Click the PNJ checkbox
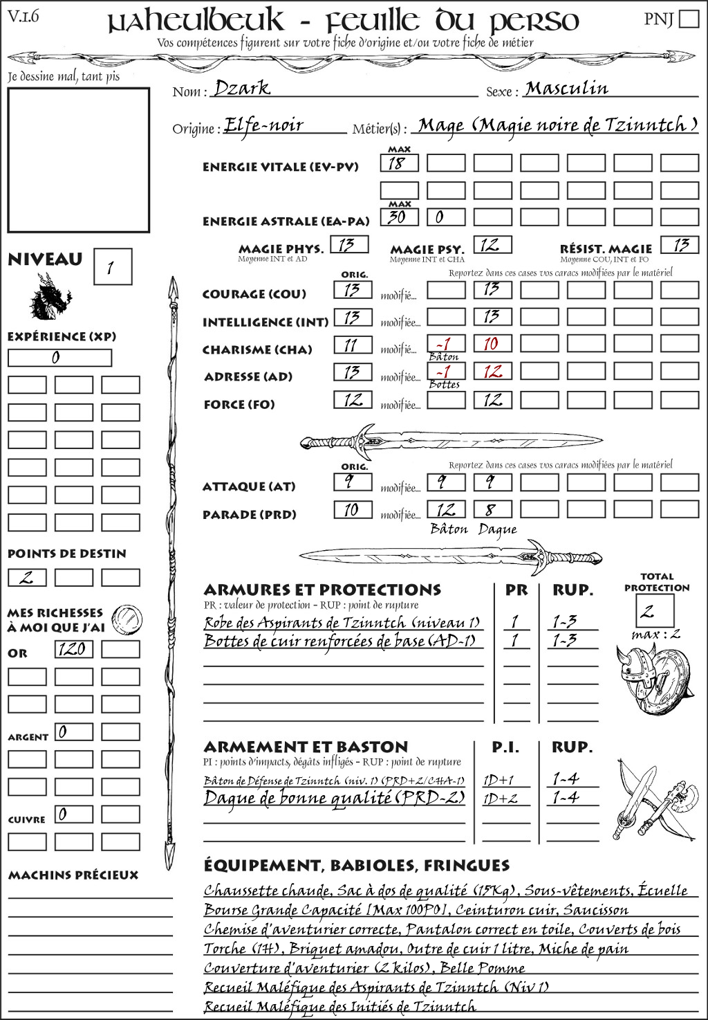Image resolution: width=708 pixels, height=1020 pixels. (689, 19)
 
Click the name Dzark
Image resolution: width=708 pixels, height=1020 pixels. (242, 88)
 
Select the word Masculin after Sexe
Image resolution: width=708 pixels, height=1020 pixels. (566, 89)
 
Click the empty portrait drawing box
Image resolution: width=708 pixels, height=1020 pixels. (78, 161)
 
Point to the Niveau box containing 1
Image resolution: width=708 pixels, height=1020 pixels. (112, 267)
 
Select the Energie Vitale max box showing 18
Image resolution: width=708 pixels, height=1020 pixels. (399, 163)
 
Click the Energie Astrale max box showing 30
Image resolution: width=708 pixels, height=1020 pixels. (399, 217)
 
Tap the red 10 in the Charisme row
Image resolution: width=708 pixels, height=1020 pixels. (492, 344)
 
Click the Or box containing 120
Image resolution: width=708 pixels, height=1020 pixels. (73, 649)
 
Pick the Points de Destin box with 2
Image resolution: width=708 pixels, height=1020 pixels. (27, 577)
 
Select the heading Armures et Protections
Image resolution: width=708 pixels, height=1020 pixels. (322, 590)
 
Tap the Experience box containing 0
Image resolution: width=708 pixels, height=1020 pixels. (59, 358)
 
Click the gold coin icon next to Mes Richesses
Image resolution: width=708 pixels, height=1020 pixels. (128, 618)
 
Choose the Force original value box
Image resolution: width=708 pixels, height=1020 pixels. (353, 400)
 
